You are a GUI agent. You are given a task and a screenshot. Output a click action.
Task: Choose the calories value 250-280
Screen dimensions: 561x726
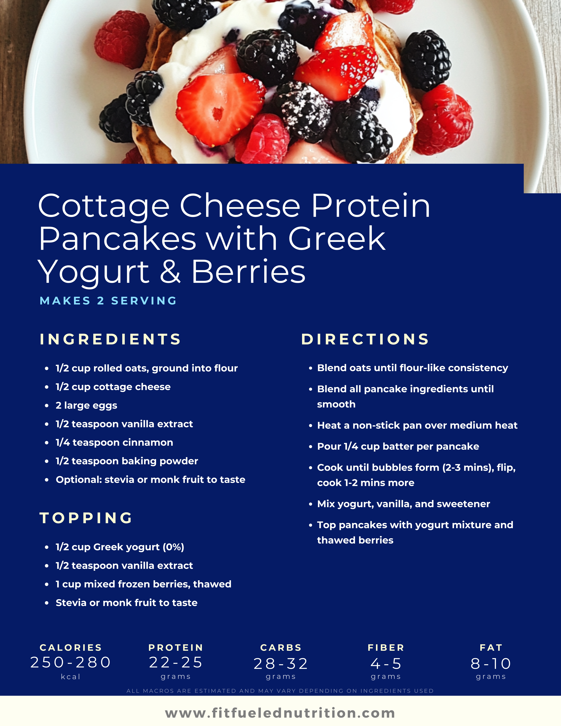[71, 662]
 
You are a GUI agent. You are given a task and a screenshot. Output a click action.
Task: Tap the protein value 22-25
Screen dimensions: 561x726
[176, 662]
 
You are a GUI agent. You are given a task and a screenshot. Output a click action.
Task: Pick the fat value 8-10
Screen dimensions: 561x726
[490, 664]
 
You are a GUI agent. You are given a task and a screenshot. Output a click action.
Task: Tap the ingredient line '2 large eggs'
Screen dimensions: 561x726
[86, 406]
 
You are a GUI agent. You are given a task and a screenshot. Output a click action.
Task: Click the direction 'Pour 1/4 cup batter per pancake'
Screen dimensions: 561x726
[398, 446]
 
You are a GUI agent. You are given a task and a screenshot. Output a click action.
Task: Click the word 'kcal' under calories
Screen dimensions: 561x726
[71, 677]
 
